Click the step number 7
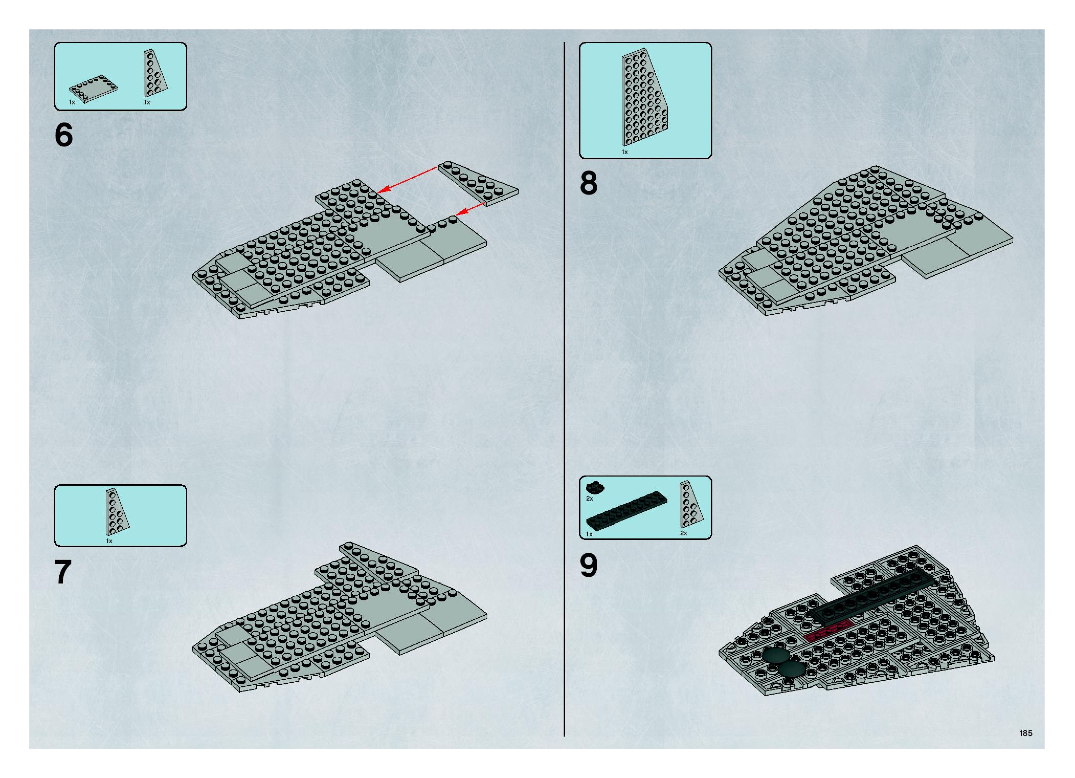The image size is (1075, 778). [63, 572]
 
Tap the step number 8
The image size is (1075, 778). [589, 183]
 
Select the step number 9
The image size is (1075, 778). [589, 566]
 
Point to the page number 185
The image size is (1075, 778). [1026, 733]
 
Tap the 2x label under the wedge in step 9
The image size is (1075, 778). [684, 533]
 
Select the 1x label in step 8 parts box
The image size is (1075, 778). [625, 152]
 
